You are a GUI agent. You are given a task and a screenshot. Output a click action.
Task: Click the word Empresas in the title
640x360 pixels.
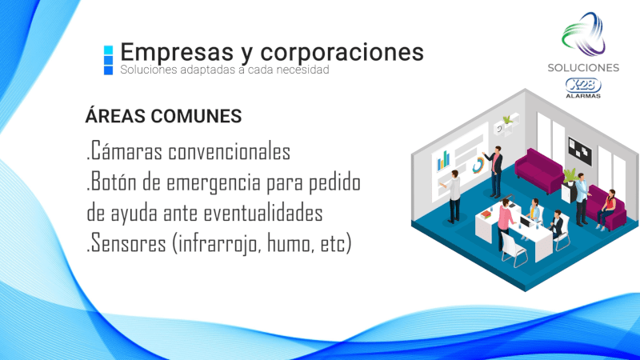(x=177, y=53)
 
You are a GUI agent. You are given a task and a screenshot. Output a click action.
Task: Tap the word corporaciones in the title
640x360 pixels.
(x=342, y=53)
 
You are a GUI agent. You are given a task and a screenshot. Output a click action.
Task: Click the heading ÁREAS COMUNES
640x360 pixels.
(x=163, y=116)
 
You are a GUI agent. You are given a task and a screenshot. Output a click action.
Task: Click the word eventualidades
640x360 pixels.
(x=263, y=213)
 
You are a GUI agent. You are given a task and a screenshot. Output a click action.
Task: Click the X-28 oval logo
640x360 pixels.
(x=583, y=86)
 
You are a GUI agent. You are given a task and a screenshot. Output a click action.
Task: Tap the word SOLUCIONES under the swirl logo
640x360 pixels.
(x=583, y=68)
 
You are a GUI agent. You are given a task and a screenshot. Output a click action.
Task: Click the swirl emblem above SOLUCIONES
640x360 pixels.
(x=583, y=34)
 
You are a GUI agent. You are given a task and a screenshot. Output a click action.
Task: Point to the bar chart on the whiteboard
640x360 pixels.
(x=443, y=161)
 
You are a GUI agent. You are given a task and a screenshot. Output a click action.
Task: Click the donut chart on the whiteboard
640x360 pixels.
(x=478, y=166)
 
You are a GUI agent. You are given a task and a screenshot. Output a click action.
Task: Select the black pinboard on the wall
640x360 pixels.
(x=580, y=151)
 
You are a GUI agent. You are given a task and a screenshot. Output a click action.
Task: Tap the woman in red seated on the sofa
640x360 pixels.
(x=606, y=209)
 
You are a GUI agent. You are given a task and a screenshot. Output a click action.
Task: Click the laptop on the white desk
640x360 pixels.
(x=526, y=222)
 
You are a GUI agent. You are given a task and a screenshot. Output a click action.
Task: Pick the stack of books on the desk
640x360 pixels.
(x=486, y=214)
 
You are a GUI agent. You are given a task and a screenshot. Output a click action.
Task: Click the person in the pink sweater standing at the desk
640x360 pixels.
(x=506, y=223)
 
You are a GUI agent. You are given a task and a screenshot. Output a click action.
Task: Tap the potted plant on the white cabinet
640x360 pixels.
(x=570, y=176)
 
